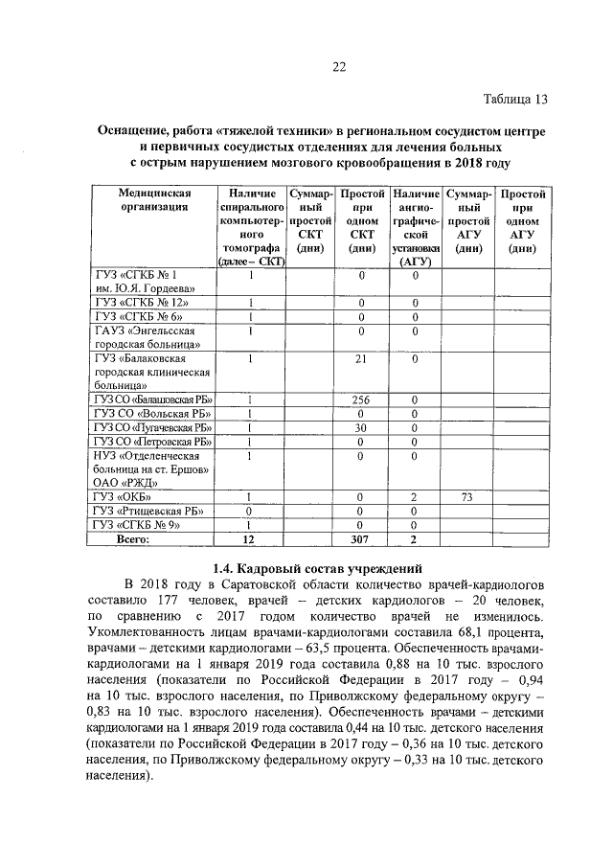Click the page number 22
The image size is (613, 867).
pyautogui.click(x=338, y=66)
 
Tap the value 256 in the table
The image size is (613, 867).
pyautogui.click(x=362, y=399)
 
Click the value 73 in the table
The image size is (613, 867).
pyautogui.click(x=468, y=497)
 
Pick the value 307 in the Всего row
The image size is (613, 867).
pyautogui.click(x=362, y=540)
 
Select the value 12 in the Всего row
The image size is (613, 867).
pyautogui.click(x=251, y=540)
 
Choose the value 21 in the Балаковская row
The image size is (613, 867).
pyautogui.click(x=362, y=359)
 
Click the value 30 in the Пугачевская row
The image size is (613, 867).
pyautogui.click(x=362, y=427)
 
